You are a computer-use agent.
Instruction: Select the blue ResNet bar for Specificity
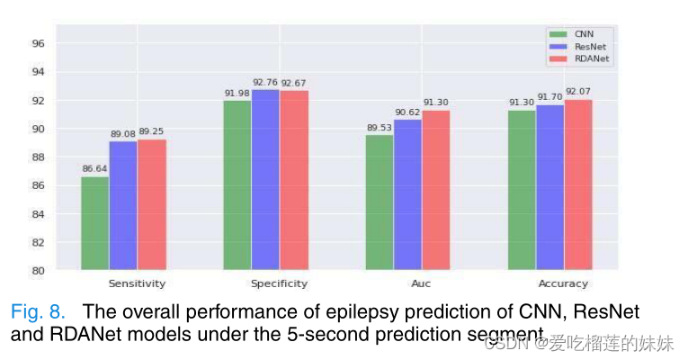pyautogui.click(x=265, y=179)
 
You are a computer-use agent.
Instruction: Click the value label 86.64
pyautogui.click(x=94, y=167)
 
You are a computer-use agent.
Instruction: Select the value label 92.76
pyautogui.click(x=265, y=81)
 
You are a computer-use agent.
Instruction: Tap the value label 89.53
pyautogui.click(x=380, y=127)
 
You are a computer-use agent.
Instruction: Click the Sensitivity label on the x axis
pyautogui.click(x=137, y=283)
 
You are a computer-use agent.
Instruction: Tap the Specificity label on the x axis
pyautogui.click(x=279, y=283)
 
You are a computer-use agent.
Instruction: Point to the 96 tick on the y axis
pyautogui.click(x=38, y=43)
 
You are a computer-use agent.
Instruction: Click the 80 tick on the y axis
pyautogui.click(x=38, y=270)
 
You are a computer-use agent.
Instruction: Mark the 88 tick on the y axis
pyautogui.click(x=38, y=157)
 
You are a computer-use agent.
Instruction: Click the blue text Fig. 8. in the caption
pyautogui.click(x=38, y=312)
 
